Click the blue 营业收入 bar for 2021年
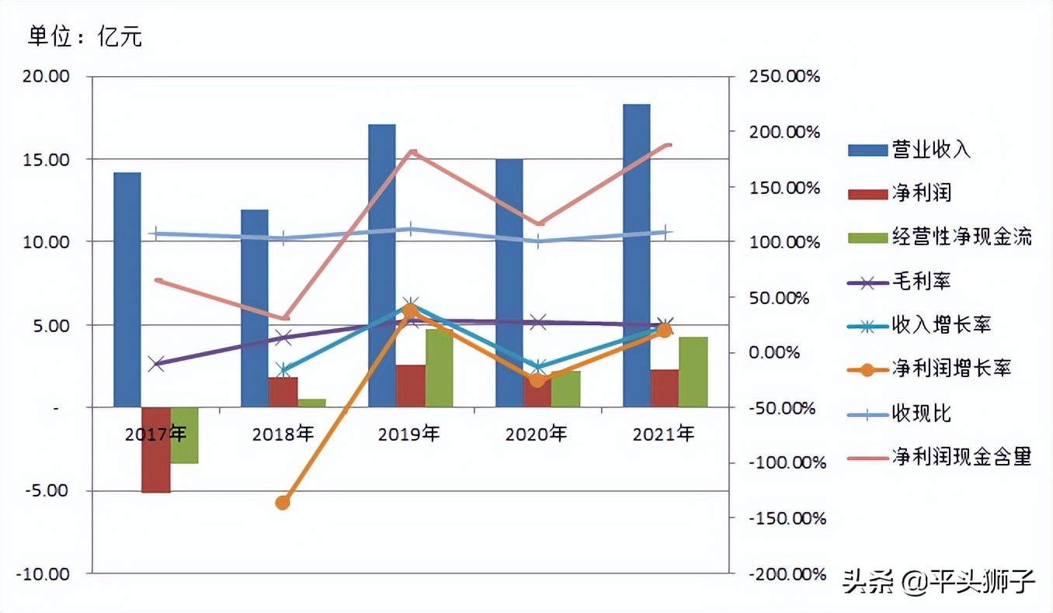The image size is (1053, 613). [x=636, y=256]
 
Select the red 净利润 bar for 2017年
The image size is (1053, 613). [x=155, y=450]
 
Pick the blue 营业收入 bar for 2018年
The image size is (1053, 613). [x=254, y=308]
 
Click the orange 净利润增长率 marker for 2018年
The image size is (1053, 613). [x=283, y=502]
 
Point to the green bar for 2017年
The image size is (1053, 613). [x=184, y=435]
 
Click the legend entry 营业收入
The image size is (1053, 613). [x=930, y=150]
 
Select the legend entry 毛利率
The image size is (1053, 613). [x=920, y=282]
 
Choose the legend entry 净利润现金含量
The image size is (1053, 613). [x=961, y=457]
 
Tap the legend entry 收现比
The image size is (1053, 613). [x=920, y=414]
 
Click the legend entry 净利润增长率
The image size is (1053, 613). [x=950, y=369]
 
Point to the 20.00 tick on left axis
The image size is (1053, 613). [x=47, y=77]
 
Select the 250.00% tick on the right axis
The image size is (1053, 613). [x=784, y=77]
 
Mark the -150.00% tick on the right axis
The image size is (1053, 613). [x=786, y=518]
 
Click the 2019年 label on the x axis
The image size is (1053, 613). [x=409, y=433]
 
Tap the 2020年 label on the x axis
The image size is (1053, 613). [x=537, y=433]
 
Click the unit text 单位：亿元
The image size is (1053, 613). [x=85, y=36]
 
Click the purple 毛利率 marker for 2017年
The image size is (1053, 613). [x=156, y=364]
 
